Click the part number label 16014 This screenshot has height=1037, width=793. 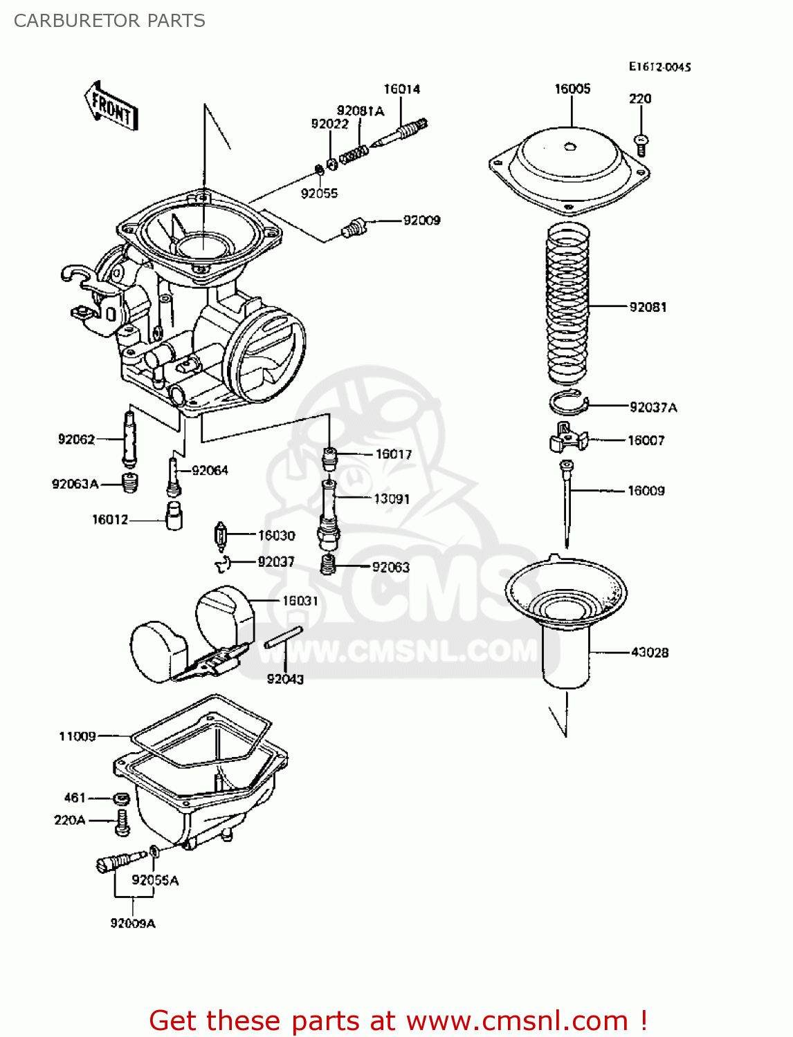click(x=401, y=89)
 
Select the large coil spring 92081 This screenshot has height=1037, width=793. click(x=568, y=304)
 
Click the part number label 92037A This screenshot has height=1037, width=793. click(x=653, y=407)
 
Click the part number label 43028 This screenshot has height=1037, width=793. click(x=649, y=652)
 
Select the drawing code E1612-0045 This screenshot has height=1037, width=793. click(x=659, y=67)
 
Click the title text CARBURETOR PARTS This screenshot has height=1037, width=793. click(x=109, y=21)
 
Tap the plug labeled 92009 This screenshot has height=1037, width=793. click(x=354, y=227)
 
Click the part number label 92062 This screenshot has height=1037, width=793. click(x=76, y=439)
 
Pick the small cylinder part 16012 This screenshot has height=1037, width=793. click(x=174, y=516)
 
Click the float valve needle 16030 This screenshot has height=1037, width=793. click(x=221, y=536)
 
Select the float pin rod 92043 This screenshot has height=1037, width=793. click(x=284, y=637)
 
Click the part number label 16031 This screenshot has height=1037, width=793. click(x=300, y=601)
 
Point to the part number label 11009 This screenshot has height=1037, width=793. click(x=77, y=736)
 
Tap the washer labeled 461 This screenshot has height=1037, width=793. click(x=121, y=799)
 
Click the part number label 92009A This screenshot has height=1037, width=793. click(x=133, y=923)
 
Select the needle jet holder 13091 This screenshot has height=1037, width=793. click(x=328, y=512)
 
